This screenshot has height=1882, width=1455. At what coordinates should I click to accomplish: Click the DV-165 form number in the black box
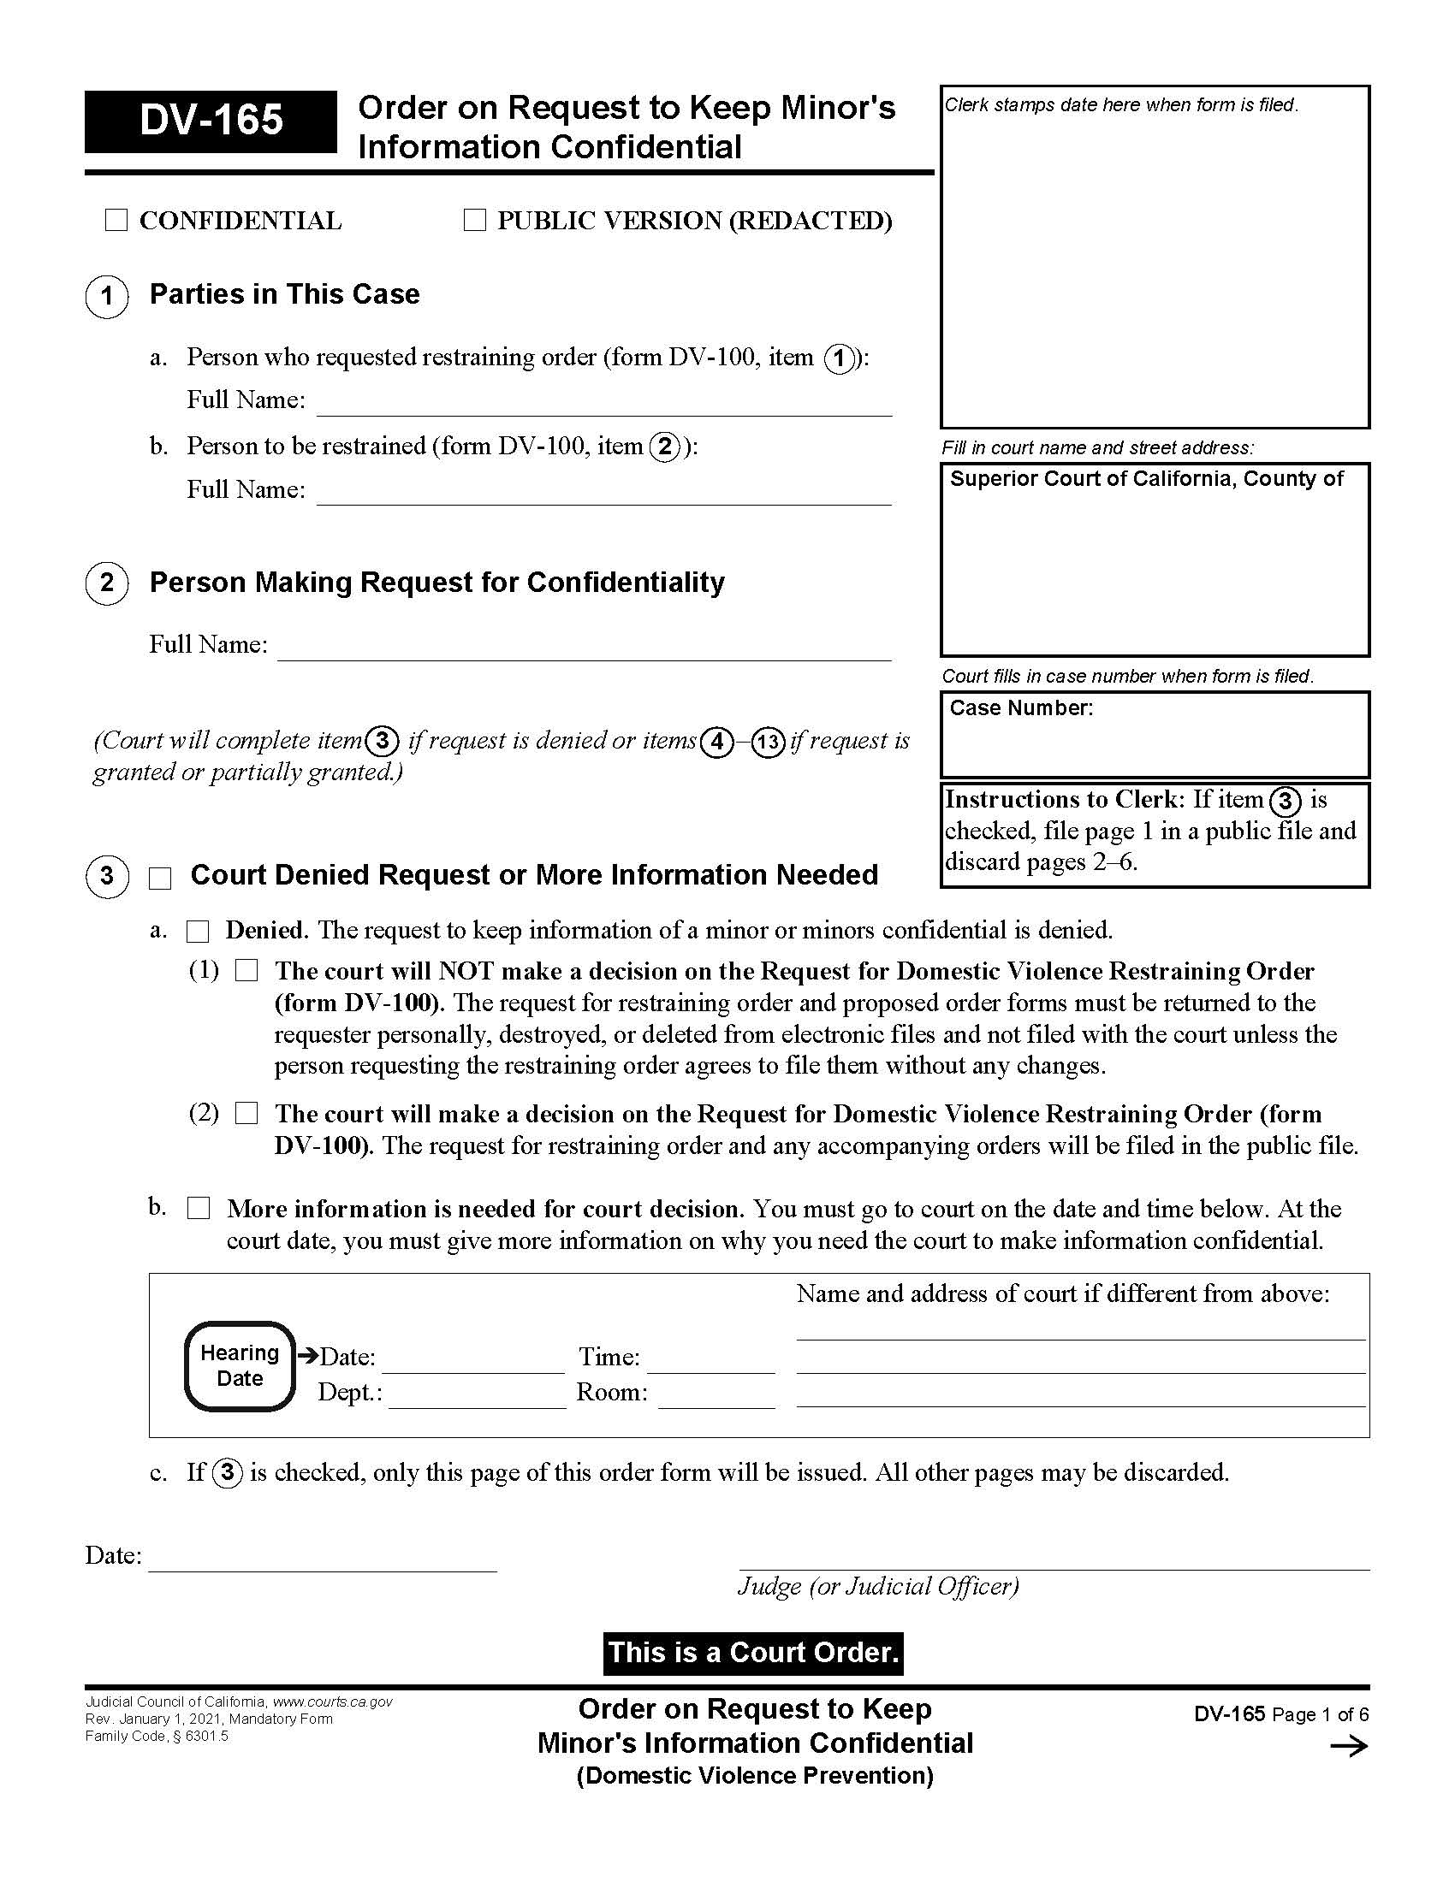tap(211, 121)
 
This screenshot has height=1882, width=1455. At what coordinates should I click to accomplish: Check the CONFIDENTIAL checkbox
tap(116, 221)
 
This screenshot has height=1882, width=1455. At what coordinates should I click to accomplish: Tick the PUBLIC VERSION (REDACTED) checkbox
tap(474, 221)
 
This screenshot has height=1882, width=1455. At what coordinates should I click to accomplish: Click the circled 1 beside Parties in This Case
tap(107, 297)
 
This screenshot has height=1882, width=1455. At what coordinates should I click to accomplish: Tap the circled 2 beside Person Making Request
tap(107, 583)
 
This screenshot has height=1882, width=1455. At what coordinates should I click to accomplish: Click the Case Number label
tap(1020, 708)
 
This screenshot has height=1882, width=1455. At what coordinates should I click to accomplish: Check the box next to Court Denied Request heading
tap(160, 878)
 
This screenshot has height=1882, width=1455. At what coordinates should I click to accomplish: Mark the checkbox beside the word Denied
tap(199, 932)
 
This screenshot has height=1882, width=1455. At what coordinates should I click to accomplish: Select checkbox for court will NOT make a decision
tap(246, 971)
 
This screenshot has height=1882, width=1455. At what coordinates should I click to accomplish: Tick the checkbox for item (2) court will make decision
tap(246, 1113)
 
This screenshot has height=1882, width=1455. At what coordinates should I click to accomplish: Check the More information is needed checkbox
tap(199, 1208)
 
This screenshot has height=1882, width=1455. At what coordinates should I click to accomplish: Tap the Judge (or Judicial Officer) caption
tap(877, 1586)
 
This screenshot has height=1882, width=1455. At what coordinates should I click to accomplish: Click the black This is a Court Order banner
tap(752, 1653)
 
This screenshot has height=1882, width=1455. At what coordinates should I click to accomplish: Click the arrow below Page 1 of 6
tap(1348, 1747)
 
